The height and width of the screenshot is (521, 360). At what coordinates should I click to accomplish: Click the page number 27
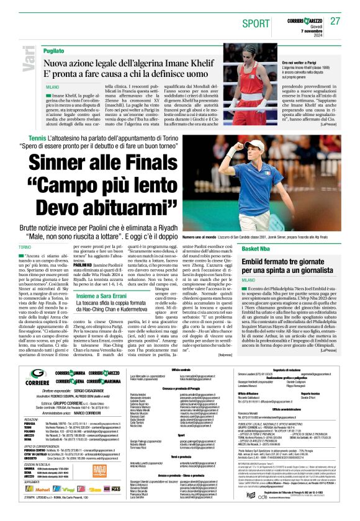[x=336, y=21]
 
